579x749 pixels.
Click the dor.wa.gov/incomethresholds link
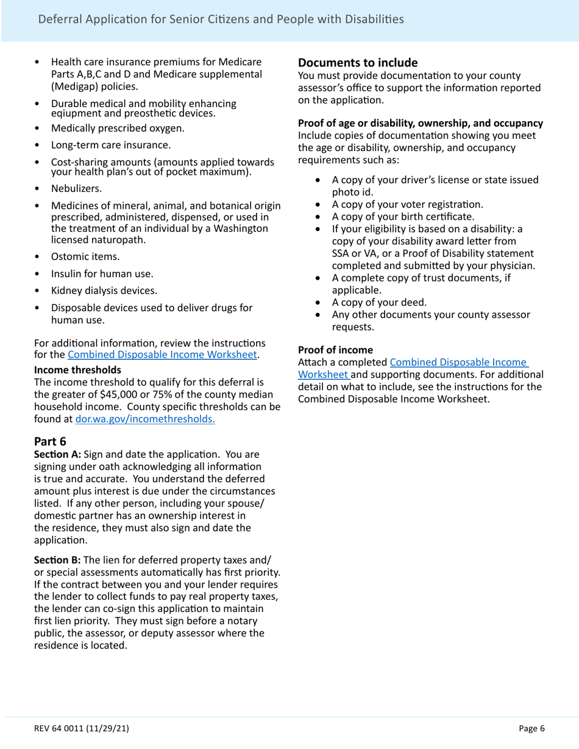point(144,419)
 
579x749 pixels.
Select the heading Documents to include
point(357,63)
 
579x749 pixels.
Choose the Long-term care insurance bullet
point(110,145)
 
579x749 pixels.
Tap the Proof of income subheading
point(335,350)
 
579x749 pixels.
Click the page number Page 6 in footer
point(531,728)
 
